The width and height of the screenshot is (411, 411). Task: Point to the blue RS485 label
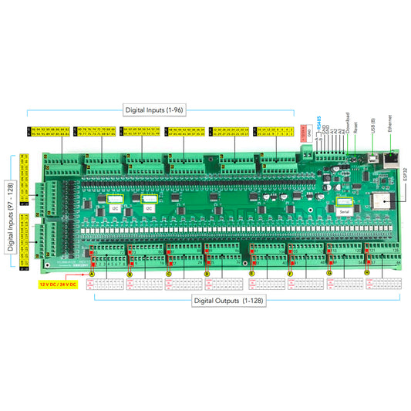(x=319, y=126)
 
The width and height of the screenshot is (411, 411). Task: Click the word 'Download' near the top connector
(x=348, y=126)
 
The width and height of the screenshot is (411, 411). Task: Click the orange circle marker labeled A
(x=93, y=273)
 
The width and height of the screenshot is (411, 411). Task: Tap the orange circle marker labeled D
(x=207, y=273)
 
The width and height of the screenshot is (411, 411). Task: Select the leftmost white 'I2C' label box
(x=114, y=207)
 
